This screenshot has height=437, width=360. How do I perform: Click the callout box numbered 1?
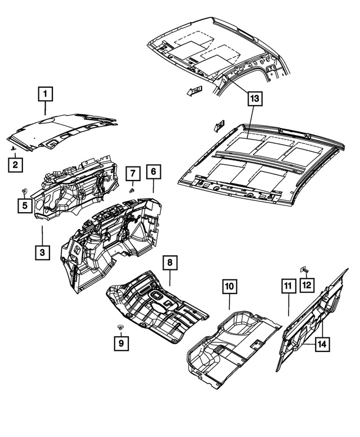click(46, 93)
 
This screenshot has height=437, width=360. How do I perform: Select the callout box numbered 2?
click(15, 165)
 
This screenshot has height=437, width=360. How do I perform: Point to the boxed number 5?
click(25, 206)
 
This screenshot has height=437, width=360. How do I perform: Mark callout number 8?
click(169, 263)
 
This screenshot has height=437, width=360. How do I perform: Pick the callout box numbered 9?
click(120, 342)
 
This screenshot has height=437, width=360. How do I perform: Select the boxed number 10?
click(229, 287)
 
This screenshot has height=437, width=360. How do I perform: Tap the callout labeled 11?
click(287, 287)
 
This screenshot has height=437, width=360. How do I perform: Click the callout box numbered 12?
click(306, 285)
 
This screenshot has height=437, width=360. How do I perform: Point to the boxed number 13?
click(254, 99)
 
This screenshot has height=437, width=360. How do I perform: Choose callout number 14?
click(322, 343)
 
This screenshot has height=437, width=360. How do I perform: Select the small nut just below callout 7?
click(130, 190)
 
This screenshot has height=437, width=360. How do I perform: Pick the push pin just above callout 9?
click(120, 327)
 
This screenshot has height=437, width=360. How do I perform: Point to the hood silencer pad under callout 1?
click(62, 134)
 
